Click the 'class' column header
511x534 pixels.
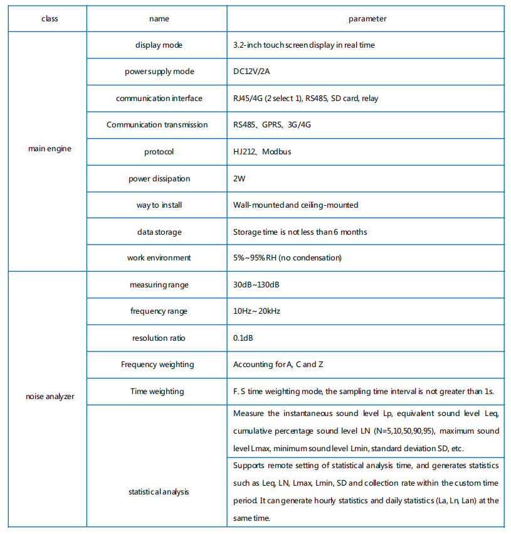(x=50, y=19)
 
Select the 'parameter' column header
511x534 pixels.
(x=367, y=19)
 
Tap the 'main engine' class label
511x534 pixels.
(x=50, y=149)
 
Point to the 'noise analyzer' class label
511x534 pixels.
(x=50, y=397)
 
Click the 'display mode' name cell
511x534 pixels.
(x=159, y=45)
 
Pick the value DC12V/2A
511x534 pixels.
(x=251, y=72)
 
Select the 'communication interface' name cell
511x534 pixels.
(x=159, y=99)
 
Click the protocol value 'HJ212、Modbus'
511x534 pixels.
(x=262, y=152)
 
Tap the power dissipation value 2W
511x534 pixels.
(x=239, y=179)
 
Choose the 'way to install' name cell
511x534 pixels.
(x=159, y=205)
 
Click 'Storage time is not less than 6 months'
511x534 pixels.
(x=300, y=232)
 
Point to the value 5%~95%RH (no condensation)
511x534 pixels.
(x=287, y=258)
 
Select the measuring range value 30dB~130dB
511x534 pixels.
(x=256, y=285)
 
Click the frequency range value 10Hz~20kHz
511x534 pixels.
(x=257, y=311)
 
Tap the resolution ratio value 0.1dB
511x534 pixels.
(x=243, y=338)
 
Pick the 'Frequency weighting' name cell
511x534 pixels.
(x=159, y=365)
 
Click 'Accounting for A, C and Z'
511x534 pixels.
(x=278, y=365)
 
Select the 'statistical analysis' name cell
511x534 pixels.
(x=159, y=492)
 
